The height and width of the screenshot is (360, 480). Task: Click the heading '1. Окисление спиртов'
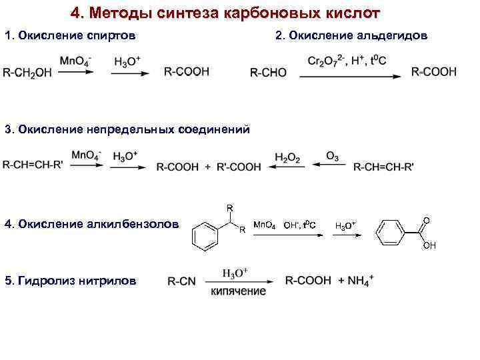click(70, 35)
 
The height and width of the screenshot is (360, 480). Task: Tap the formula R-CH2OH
click(27, 73)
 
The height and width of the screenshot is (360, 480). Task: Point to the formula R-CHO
click(268, 73)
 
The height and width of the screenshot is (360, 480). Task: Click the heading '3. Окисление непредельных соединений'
click(127, 129)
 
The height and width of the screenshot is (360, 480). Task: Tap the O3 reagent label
click(331, 156)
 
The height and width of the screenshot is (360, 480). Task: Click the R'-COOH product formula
click(239, 167)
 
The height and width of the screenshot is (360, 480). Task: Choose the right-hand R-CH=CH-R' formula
click(383, 167)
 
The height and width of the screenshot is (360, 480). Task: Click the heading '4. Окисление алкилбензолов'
click(91, 224)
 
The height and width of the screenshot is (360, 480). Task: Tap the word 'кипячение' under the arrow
click(239, 291)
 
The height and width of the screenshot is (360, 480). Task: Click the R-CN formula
click(181, 281)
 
